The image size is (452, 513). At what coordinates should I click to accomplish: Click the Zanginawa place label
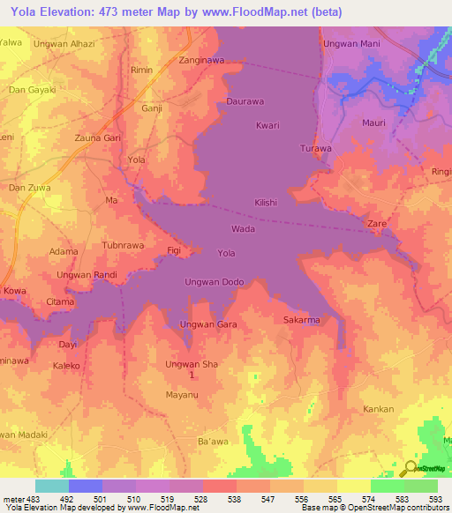coord(201,61)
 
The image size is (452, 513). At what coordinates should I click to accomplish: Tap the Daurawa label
coord(245,101)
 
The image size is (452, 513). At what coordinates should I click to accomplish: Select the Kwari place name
coord(267,125)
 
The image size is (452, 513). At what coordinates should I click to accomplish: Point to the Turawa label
coord(315,148)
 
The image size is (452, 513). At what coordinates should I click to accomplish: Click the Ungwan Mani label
coord(351,43)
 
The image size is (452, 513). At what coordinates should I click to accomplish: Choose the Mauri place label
coord(374,123)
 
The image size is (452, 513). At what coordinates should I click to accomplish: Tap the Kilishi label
coord(266,202)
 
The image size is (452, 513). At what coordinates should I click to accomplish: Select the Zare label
coord(377,225)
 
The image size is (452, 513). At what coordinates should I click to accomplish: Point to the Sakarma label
coord(301,320)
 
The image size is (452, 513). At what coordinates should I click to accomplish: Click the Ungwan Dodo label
coord(214,282)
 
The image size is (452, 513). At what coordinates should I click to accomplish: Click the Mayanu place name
coord(182,394)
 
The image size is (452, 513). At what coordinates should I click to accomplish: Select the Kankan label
coord(379,410)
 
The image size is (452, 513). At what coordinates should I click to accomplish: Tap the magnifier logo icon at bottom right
coord(410,468)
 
